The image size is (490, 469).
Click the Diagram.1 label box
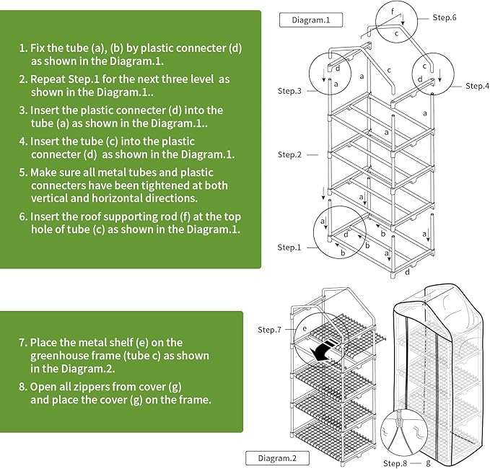point(311,19)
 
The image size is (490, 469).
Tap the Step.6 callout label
point(445,16)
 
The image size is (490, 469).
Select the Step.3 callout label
point(290,91)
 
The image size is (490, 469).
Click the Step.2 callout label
point(290,154)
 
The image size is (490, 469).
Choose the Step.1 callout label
point(290,247)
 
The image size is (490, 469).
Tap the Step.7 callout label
point(270,330)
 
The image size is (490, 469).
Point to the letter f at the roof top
point(393,12)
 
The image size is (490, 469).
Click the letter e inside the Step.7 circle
point(305,328)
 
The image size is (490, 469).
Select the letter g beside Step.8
point(428,463)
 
